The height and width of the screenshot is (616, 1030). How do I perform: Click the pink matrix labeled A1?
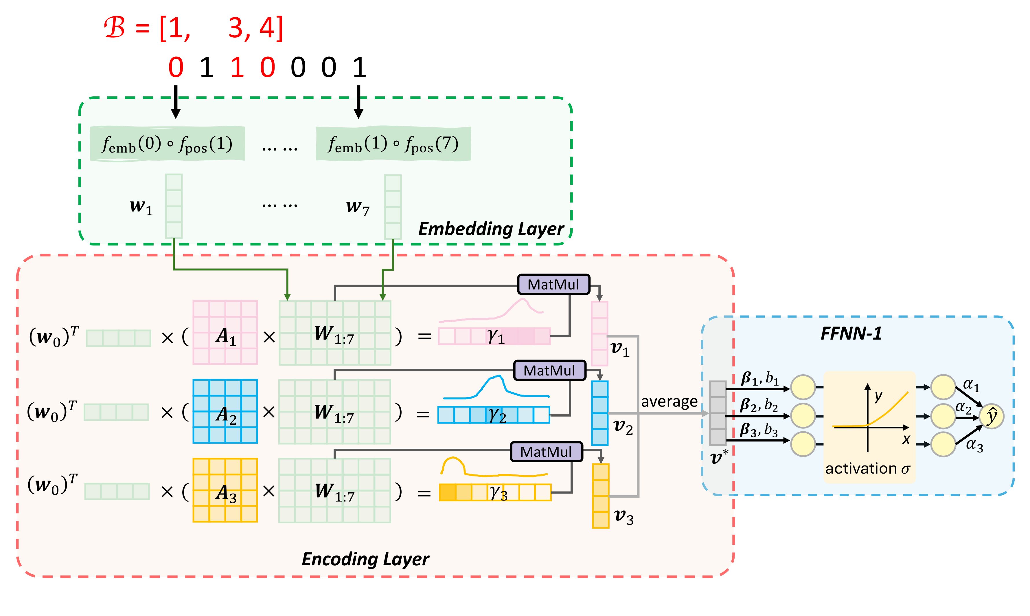[x=225, y=333]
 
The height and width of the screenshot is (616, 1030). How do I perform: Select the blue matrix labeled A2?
[x=225, y=411]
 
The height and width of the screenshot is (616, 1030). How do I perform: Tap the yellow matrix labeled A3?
[x=225, y=490]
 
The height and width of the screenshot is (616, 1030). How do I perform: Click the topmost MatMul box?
[x=553, y=284]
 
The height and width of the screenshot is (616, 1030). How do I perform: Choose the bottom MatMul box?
[x=546, y=452]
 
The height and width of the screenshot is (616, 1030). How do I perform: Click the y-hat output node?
[x=992, y=416]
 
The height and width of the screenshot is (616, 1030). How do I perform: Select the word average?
[x=669, y=401]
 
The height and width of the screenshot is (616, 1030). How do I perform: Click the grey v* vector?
[x=718, y=413]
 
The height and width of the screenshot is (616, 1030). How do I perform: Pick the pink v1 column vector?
[x=599, y=333]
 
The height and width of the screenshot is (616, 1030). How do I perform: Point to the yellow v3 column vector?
[x=600, y=496]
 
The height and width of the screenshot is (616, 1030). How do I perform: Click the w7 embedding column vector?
[x=393, y=207]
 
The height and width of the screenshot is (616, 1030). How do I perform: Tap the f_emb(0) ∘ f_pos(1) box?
[x=167, y=144]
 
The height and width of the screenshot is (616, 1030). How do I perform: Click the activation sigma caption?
[x=867, y=469]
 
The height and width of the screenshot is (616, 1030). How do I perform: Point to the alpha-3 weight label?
[x=974, y=445]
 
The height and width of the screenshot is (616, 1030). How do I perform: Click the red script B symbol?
[x=115, y=28]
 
